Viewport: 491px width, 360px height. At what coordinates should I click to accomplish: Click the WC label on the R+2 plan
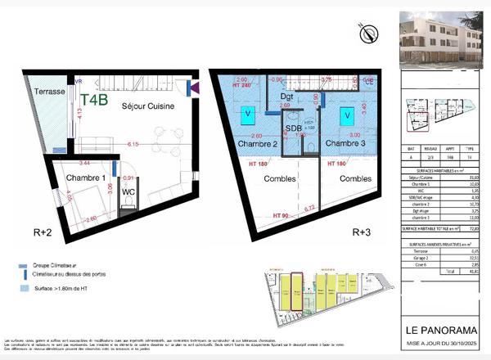coord(128,192)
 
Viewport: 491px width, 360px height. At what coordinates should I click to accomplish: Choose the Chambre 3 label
coord(345,144)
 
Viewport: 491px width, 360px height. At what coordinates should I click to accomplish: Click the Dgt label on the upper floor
coord(286,97)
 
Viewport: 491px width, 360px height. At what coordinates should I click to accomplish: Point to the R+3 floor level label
coord(362,233)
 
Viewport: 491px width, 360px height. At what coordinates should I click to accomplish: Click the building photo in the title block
coord(441,41)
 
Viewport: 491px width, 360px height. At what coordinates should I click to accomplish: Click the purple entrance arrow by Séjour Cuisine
coord(194,88)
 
